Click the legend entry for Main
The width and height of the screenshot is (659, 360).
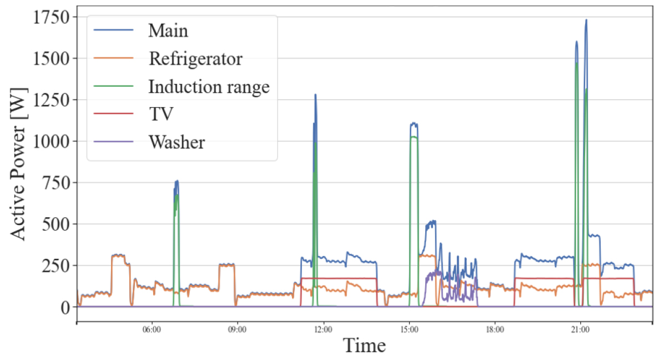point(168,30)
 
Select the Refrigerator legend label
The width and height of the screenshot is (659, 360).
point(195,58)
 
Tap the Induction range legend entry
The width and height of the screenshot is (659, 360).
point(208,87)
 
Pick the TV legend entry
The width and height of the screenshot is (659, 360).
point(160,115)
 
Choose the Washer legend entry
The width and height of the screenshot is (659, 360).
point(176,143)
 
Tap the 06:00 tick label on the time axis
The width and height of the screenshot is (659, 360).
point(152,329)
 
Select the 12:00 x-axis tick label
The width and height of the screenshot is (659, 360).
point(323,329)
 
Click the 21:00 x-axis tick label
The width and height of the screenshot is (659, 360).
point(580,329)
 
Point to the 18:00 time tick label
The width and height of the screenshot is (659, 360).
point(495,329)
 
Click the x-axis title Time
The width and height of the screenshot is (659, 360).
point(364,346)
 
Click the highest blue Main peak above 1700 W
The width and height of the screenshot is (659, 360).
point(586,21)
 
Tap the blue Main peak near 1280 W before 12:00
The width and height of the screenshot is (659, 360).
point(315,95)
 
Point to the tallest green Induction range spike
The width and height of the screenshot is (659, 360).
point(577,64)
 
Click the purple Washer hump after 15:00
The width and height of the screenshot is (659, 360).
point(434,273)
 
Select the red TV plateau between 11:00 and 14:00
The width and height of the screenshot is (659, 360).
point(339,278)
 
